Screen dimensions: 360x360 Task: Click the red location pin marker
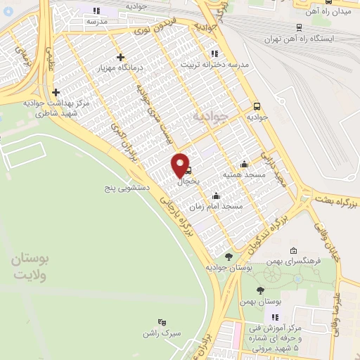(x=181, y=166)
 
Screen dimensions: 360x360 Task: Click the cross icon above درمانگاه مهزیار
(x=121, y=57)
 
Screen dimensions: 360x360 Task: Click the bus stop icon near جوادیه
(x=257, y=106)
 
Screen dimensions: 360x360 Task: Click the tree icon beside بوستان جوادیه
(x=228, y=257)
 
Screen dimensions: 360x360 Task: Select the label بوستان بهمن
(x=261, y=301)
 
